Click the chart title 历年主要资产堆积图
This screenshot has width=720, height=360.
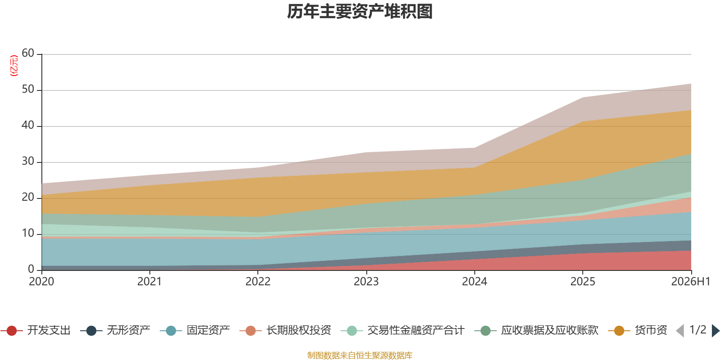pyautogui.click(x=360, y=12)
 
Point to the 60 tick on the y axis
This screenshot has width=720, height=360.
pyautogui.click(x=28, y=53)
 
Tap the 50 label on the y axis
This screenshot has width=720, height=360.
pyautogui.click(x=28, y=89)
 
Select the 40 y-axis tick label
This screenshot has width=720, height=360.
pyautogui.click(x=28, y=125)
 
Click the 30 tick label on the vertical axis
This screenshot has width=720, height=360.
pyautogui.click(x=28, y=161)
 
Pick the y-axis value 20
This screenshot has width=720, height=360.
pyautogui.click(x=28, y=197)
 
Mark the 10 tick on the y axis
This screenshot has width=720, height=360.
pyautogui.click(x=28, y=233)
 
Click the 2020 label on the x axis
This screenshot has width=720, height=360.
pyautogui.click(x=41, y=282)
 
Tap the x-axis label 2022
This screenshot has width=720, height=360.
pyautogui.click(x=258, y=282)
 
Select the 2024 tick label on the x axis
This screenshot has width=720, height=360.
pyautogui.click(x=474, y=282)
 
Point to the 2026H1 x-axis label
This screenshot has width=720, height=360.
pyautogui.click(x=690, y=282)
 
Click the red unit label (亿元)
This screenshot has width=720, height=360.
pyautogui.click(x=14, y=66)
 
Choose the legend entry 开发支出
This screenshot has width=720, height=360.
pyautogui.click(x=36, y=330)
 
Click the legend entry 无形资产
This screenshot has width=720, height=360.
pyautogui.click(x=115, y=330)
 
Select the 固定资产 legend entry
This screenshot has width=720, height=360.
pyautogui.click(x=195, y=330)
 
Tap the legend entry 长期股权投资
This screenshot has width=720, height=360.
pyautogui.click(x=285, y=330)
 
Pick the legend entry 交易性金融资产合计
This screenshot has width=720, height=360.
pyautogui.click(x=403, y=330)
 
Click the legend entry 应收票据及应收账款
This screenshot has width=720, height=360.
pyautogui.click(x=536, y=330)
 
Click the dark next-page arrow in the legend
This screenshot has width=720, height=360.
pyautogui.click(x=715, y=330)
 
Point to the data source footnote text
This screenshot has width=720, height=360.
pyautogui.click(x=360, y=355)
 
